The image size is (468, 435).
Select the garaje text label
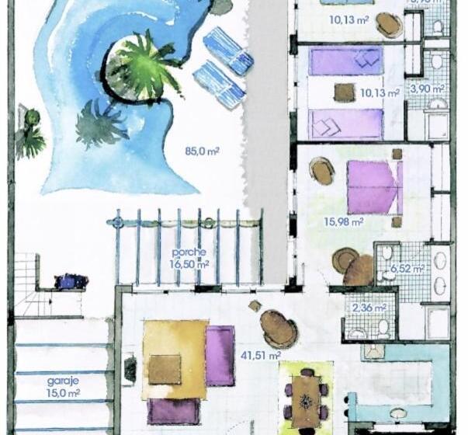pyautogui.click(x=62, y=381)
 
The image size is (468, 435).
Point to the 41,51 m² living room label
pyautogui.click(x=260, y=356)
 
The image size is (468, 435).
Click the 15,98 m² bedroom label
pyautogui.click(x=344, y=221)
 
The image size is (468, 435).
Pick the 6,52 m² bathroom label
pyautogui.click(x=407, y=269)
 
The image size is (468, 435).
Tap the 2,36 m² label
pyautogui.click(x=369, y=308)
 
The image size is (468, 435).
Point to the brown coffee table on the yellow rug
pyautogui.click(x=165, y=369)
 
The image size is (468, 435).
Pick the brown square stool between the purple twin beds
pyautogui.click(x=345, y=92)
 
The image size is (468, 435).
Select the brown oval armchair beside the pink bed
pyautogui.click(x=321, y=170)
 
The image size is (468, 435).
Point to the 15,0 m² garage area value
pyautogui.click(x=63, y=394)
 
